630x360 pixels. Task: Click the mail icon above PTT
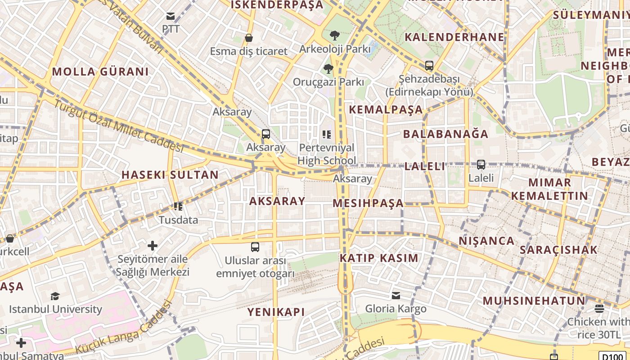171,17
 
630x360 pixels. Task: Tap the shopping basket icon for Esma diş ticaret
248,38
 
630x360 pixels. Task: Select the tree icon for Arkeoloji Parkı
334,35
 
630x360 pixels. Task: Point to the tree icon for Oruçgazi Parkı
328,69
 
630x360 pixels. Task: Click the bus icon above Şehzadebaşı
429,66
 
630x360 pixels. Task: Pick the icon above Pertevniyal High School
327,134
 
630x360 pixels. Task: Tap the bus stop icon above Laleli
481,165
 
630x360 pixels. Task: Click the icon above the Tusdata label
178,207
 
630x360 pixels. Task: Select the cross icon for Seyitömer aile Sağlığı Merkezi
153,246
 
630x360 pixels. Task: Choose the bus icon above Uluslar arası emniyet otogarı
255,247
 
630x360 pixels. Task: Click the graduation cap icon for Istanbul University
55,296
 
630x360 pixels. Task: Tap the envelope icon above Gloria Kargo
396,296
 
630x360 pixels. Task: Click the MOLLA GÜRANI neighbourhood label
100,72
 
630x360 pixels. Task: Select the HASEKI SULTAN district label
170,175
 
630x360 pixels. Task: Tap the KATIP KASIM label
379,258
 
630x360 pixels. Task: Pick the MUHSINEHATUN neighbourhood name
534,301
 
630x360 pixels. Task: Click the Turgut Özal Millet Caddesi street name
119,126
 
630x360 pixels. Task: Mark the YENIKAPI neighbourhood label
276,312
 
